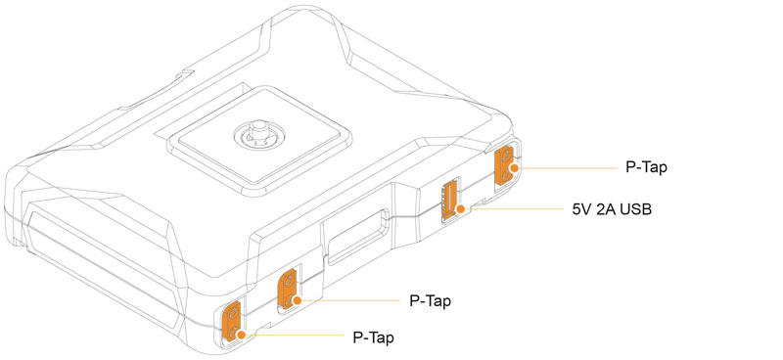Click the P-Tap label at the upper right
[x=646, y=167]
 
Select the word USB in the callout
[x=633, y=209]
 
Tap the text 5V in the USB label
[x=582, y=209]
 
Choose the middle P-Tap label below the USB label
[x=431, y=299]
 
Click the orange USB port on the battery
[x=450, y=198]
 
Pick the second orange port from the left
[x=290, y=289]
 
